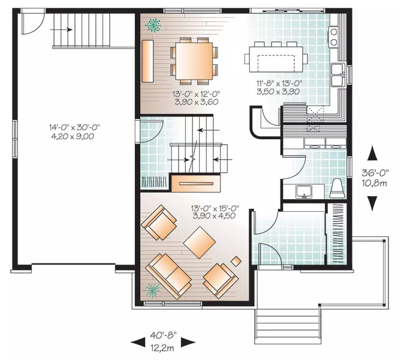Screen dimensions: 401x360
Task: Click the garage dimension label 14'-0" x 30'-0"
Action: [74, 127]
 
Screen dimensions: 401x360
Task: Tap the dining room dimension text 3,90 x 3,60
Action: [197, 102]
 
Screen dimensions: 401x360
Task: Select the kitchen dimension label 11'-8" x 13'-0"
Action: [279, 83]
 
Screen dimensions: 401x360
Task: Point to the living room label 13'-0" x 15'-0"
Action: [215, 208]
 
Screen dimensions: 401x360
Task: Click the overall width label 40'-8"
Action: [164, 334]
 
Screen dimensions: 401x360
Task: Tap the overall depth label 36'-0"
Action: [375, 173]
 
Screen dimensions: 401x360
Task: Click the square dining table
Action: [194, 61]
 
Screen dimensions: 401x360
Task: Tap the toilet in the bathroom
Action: [336, 188]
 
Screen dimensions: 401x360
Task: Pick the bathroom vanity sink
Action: [304, 192]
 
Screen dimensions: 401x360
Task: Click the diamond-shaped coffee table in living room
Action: [200, 242]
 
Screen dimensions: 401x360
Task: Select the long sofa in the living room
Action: [168, 276]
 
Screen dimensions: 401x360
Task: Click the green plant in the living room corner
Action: [151, 290]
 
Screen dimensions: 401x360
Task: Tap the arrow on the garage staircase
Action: [61, 30]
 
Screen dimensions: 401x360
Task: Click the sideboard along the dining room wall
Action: [148, 61]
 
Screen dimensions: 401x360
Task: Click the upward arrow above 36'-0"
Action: [372, 154]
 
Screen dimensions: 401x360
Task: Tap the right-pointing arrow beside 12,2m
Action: [188, 342]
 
